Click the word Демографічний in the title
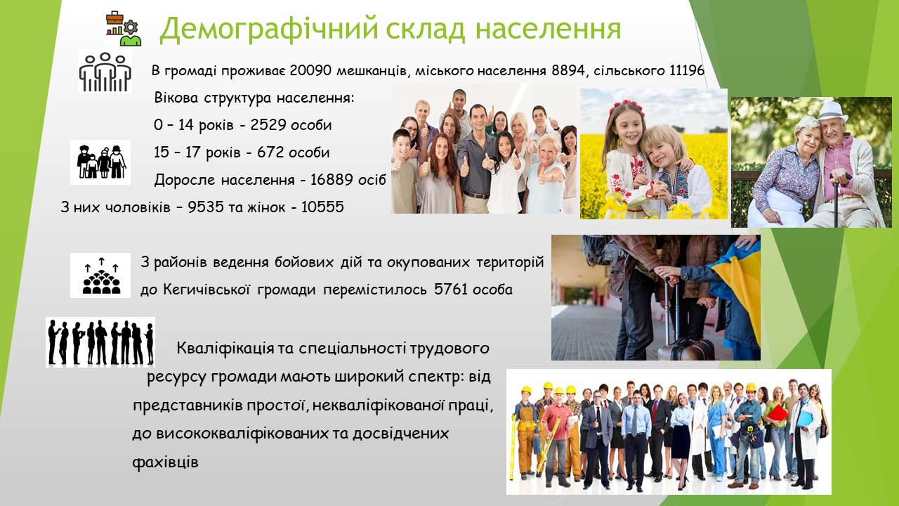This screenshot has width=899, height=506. pyautogui.click(x=269, y=29)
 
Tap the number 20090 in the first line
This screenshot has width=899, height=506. pyautogui.click(x=310, y=71)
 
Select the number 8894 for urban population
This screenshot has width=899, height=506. pyautogui.click(x=568, y=71)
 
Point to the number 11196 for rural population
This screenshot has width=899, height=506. pyautogui.click(x=687, y=71)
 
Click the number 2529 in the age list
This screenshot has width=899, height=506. pyautogui.click(x=268, y=125)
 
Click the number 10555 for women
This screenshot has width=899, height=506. pyautogui.click(x=322, y=207)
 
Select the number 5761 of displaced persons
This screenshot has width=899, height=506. pyautogui.click(x=451, y=290)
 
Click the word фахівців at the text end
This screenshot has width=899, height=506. pyautogui.click(x=165, y=462)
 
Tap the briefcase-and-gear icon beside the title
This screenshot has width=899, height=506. pyautogui.click(x=124, y=29)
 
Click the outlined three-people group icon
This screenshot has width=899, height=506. pyautogui.click(x=105, y=72)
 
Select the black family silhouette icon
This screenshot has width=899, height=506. pyautogui.click(x=100, y=162)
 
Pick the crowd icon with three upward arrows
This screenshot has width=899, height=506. pyautogui.click(x=100, y=276)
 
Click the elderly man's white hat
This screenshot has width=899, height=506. pyautogui.click(x=832, y=111)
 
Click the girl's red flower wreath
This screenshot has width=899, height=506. pyautogui.click(x=626, y=108)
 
